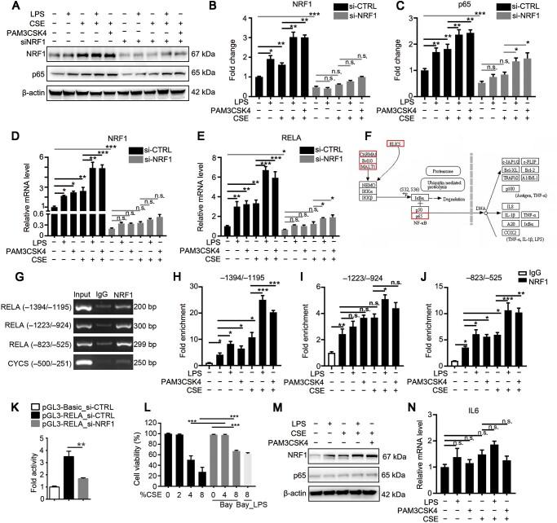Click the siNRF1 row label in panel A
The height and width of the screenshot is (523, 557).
point(24,43)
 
